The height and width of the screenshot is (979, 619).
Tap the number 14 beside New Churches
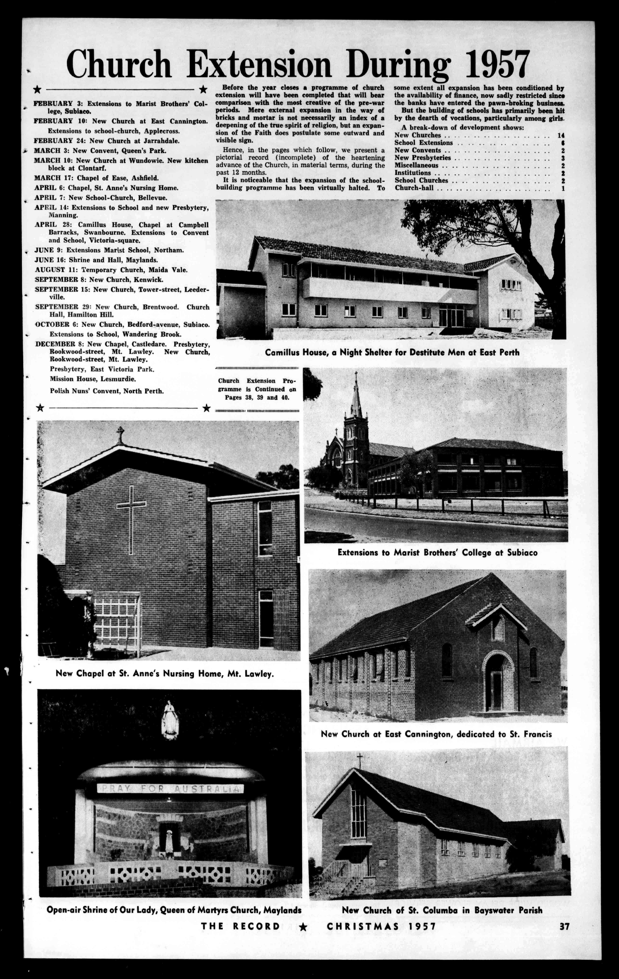pos(561,135)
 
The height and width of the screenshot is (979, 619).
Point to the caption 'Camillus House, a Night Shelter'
pos(392,352)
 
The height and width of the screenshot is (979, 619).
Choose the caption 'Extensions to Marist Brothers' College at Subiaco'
pos(437,553)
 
